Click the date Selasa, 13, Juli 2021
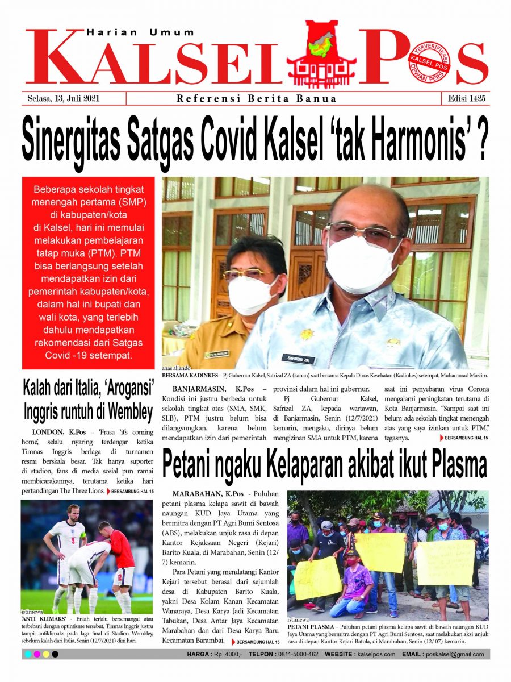tap(64, 98)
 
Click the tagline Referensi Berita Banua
tap(256, 99)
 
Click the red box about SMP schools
tap(88, 273)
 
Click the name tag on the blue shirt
tap(299, 358)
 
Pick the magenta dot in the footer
tap(37, 655)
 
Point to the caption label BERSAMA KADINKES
tap(188, 376)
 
